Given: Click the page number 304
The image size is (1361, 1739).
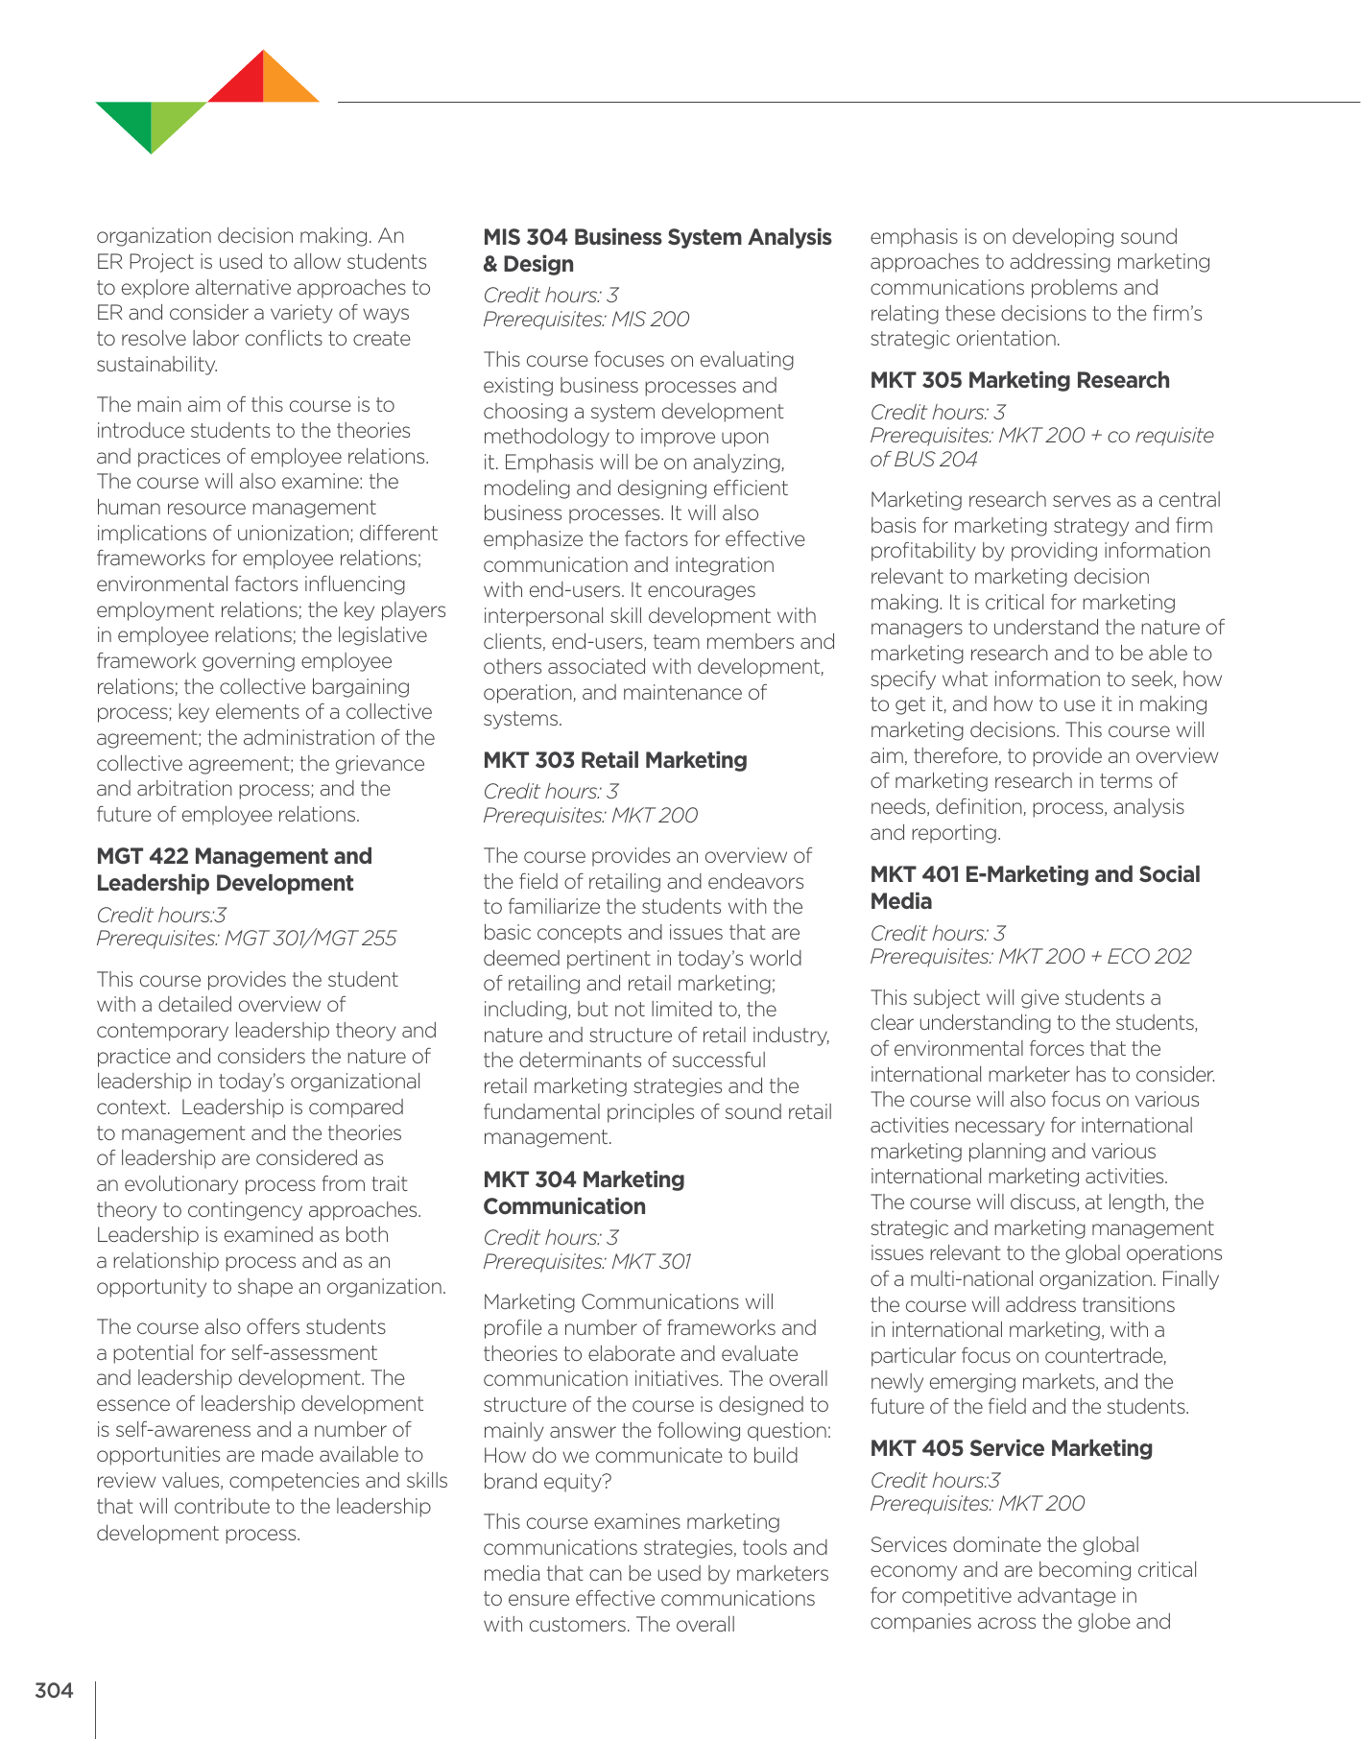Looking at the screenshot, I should [x=54, y=1690].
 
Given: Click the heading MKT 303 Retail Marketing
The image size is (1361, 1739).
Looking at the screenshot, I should [x=614, y=760].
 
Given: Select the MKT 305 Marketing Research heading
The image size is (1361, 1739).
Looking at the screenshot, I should [x=1019, y=380].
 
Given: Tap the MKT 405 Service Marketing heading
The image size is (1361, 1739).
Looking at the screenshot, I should [x=1011, y=1448].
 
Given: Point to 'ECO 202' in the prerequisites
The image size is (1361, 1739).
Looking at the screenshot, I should [x=1149, y=957].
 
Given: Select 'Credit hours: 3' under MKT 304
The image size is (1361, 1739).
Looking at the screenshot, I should [x=550, y=1238].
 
